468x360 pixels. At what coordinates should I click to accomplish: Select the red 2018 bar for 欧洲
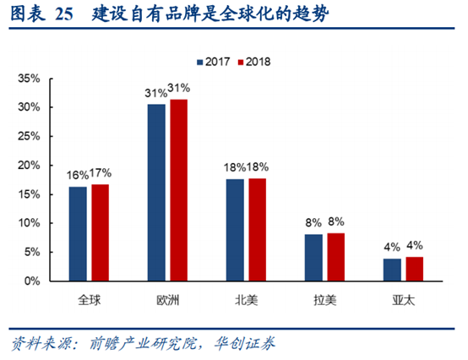(x=178, y=190)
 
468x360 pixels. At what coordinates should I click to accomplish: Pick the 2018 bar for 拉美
(x=336, y=257)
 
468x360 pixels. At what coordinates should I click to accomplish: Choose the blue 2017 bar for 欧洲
(x=156, y=193)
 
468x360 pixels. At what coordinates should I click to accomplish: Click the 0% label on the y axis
(x=32, y=281)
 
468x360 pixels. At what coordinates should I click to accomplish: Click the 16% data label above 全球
(x=77, y=175)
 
